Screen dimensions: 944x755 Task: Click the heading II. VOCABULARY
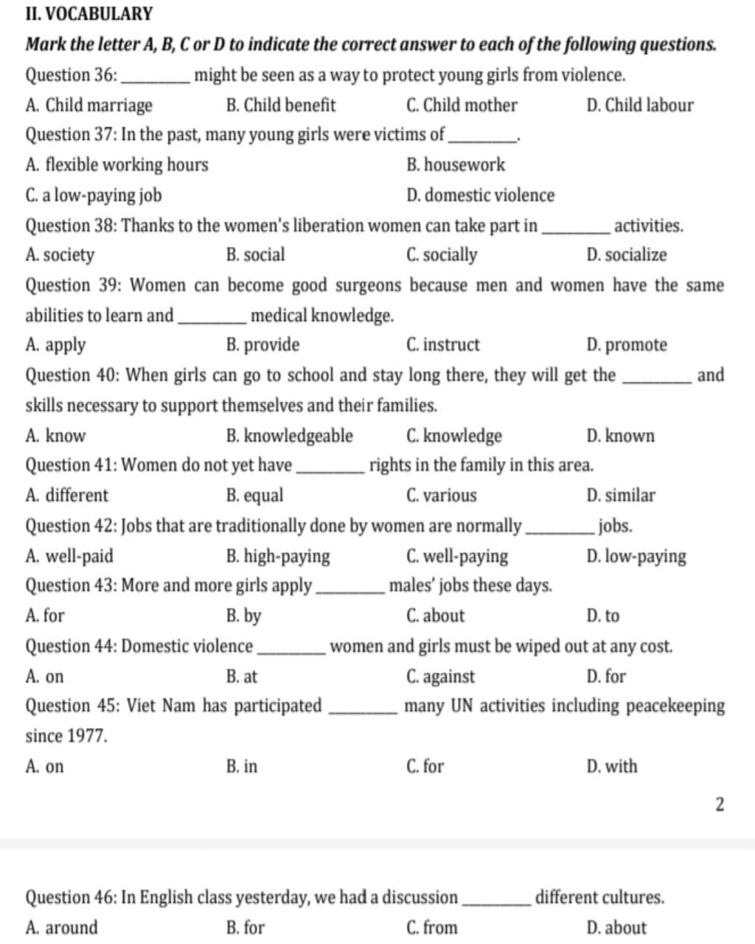tap(89, 14)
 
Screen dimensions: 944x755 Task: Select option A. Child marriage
tap(88, 105)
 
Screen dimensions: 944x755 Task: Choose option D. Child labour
tap(639, 105)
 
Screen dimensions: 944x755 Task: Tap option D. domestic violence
tap(480, 195)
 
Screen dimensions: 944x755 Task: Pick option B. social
tap(255, 255)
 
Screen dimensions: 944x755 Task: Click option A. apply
tap(55, 345)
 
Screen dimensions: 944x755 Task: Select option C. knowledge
tap(453, 436)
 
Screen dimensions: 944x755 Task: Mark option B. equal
tap(254, 496)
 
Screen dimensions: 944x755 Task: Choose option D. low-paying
tap(636, 556)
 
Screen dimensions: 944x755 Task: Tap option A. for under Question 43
tap(45, 616)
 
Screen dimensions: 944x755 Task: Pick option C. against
tap(440, 676)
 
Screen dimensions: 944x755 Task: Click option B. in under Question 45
tap(242, 766)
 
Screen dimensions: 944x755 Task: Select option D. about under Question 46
tap(616, 928)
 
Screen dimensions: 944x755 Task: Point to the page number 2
tap(720, 804)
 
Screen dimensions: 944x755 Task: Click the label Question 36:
tap(71, 75)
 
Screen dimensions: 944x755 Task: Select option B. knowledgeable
tap(289, 436)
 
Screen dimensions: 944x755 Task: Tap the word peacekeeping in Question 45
tap(675, 707)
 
